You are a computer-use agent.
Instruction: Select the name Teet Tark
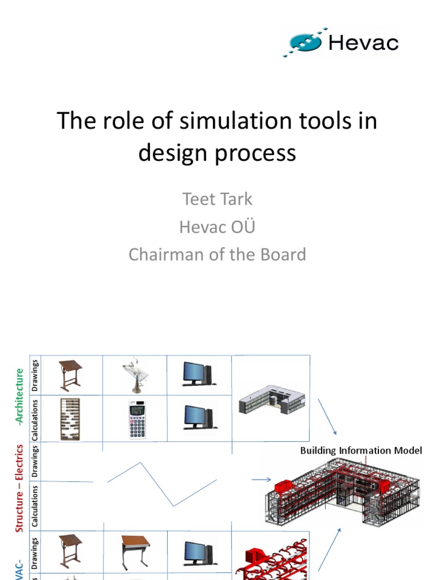pos(217,199)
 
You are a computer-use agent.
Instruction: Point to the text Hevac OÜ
pos(217,227)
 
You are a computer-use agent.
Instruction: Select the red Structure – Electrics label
pos(20,488)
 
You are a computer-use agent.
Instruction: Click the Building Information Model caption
pos(361,451)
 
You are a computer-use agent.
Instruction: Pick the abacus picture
pos(70,419)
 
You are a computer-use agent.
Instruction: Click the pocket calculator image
pos(137,419)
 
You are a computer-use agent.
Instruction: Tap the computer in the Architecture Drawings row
pos(198,374)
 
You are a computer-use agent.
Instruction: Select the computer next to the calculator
pos(198,417)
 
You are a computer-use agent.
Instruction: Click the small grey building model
pos(272,399)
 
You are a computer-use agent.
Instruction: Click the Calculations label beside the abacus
pos(35,419)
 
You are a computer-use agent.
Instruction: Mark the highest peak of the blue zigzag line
pos(140,463)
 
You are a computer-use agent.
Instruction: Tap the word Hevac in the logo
pos(364,42)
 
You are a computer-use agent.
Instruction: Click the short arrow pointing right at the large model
pos(261,480)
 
